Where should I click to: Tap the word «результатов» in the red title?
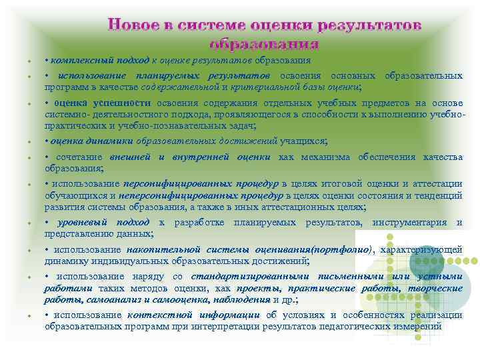[371, 26]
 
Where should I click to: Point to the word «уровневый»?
[86, 222]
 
